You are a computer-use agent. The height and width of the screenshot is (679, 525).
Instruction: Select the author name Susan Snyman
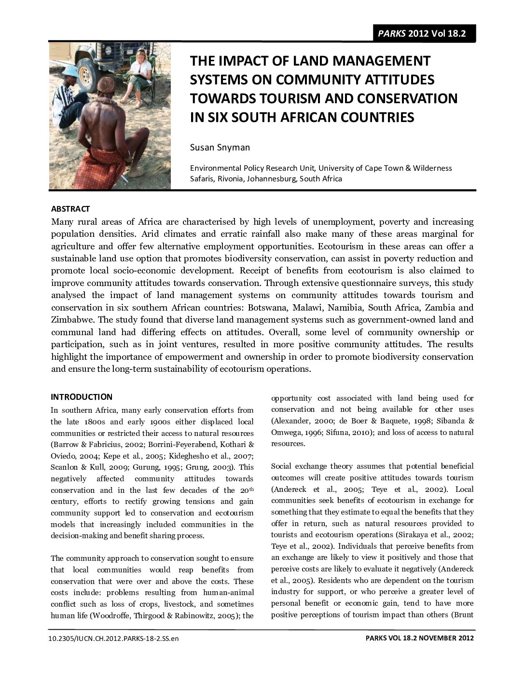[x=220, y=147]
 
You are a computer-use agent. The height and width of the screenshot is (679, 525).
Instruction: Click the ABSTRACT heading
[x=70, y=209]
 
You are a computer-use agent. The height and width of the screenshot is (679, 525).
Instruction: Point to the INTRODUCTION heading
[x=82, y=397]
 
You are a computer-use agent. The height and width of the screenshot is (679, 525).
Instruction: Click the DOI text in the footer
[x=113, y=638]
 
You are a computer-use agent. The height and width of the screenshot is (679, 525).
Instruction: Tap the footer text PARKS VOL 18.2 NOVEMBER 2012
[x=419, y=638]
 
